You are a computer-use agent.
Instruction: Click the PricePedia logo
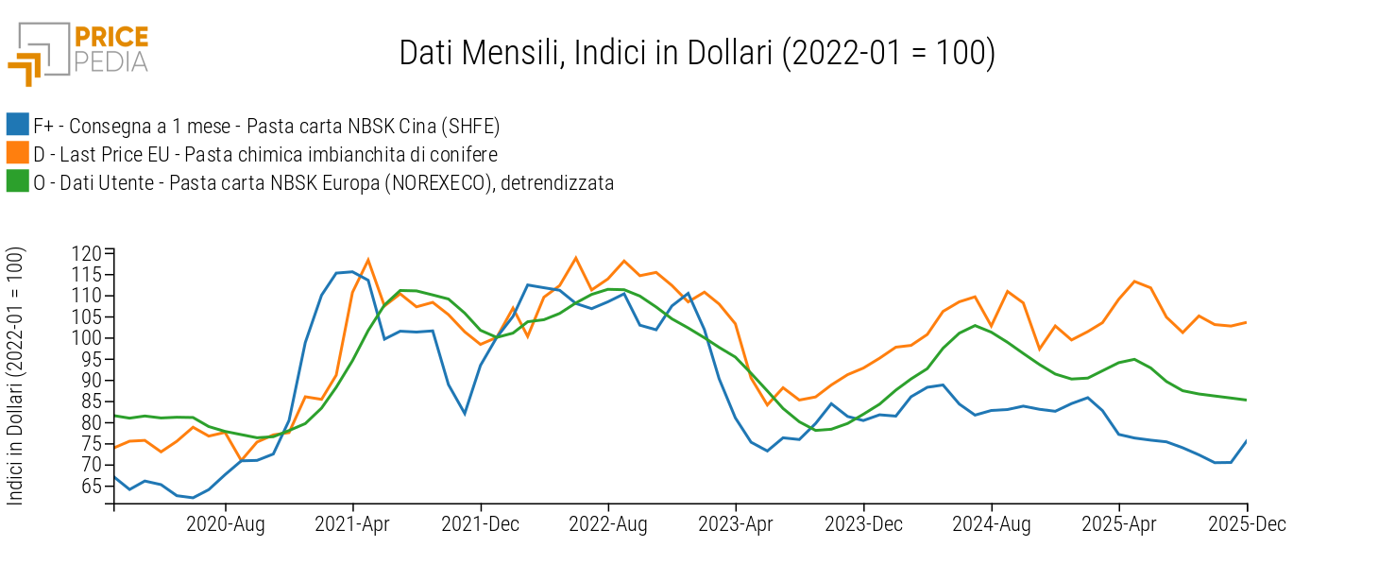tap(78, 52)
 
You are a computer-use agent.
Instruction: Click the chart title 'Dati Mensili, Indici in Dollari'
tap(696, 53)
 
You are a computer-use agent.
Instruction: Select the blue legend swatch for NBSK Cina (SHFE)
tap(17, 125)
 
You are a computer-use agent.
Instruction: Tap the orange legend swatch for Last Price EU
tap(17, 154)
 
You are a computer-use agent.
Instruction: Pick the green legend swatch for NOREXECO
tap(17, 182)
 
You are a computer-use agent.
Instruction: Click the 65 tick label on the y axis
tap(91, 486)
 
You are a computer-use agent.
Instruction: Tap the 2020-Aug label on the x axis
tap(225, 524)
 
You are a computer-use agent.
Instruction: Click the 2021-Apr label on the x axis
tap(352, 524)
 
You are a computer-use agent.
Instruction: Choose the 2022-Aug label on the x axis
tap(608, 524)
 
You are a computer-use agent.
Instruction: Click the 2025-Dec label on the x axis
tap(1248, 524)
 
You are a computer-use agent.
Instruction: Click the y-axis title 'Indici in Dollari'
tap(16, 375)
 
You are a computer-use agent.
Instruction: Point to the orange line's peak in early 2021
tap(367, 260)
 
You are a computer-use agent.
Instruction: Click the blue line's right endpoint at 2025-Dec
tap(1247, 440)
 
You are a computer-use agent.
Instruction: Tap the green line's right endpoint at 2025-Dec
tap(1247, 400)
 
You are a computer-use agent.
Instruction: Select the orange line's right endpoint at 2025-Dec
tap(1247, 322)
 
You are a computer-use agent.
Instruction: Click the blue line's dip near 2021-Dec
tap(465, 413)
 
